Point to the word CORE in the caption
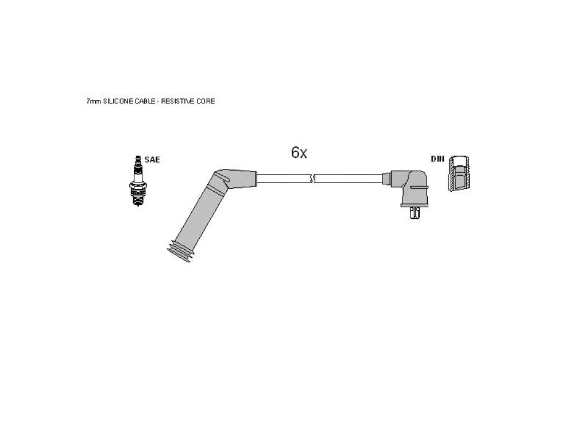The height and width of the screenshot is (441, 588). [x=206, y=101]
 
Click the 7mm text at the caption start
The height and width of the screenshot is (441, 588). [x=94, y=101]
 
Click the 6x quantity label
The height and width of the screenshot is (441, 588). [x=299, y=152]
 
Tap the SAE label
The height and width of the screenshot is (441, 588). [x=152, y=160]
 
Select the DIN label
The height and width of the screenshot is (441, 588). [x=437, y=159]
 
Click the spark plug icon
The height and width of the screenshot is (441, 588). [x=138, y=181]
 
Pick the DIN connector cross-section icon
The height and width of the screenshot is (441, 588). [x=459, y=173]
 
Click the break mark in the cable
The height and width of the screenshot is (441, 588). [x=313, y=179]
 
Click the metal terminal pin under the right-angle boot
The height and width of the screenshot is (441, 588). [x=415, y=214]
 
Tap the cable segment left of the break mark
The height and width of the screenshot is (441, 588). [x=284, y=179]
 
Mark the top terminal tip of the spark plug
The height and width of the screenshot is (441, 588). [x=138, y=158]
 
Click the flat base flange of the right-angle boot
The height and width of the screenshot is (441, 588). [x=415, y=205]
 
